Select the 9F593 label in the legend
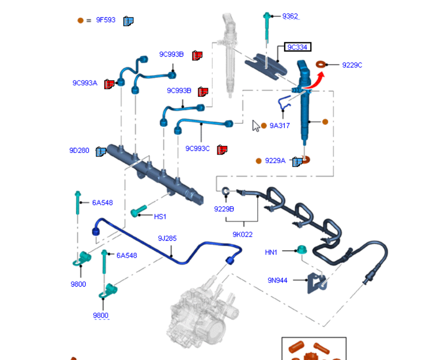pyautogui.click(x=106, y=20)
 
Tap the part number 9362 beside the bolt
pyautogui.click(x=290, y=16)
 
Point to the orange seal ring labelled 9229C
pyautogui.click(x=321, y=64)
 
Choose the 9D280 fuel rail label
pyautogui.click(x=79, y=150)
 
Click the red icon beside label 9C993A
pyautogui.click(x=109, y=84)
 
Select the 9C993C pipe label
pyautogui.click(x=197, y=148)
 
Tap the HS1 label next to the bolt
pyautogui.click(x=160, y=216)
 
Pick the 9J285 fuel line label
pyautogui.click(x=167, y=238)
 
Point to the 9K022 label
pyautogui.click(x=242, y=235)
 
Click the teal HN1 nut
pyautogui.click(x=301, y=250)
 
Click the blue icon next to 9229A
pyautogui.click(x=297, y=162)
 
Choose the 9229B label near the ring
pyautogui.click(x=224, y=209)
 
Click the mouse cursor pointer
pyautogui.click(x=256, y=125)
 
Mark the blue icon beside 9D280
pyautogui.click(x=100, y=151)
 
